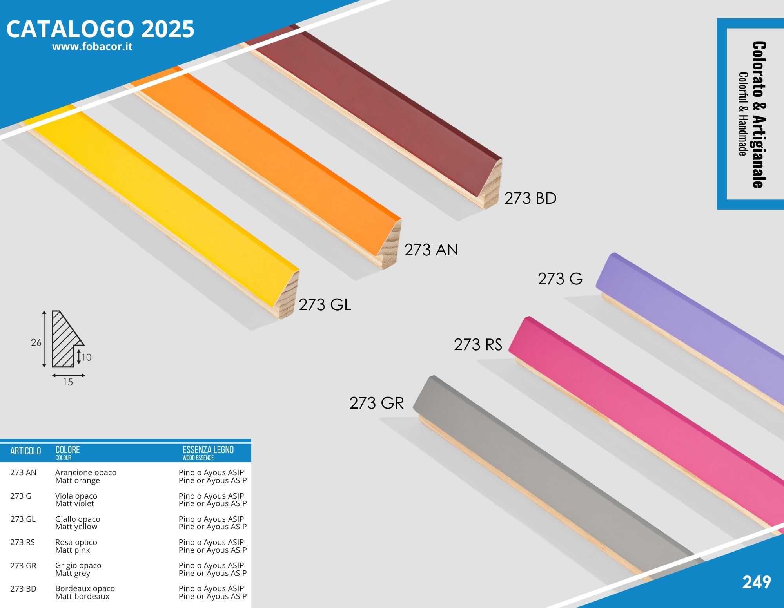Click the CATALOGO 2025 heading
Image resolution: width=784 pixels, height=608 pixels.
coord(100,29)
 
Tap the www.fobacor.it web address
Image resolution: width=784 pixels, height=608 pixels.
coord(92,47)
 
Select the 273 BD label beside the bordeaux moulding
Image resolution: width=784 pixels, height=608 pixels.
coord(530,198)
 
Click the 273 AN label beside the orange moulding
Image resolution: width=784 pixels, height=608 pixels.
coord(431,250)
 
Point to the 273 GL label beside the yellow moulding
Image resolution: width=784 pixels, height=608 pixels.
coord(325,305)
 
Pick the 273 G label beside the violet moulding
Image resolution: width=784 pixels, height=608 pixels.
coord(560,279)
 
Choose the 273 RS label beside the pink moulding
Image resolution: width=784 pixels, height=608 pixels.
coord(478,345)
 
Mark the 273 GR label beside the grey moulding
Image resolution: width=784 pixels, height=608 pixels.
coord(376,403)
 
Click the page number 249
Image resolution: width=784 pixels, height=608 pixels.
coord(757,583)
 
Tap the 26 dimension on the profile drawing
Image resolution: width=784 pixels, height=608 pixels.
coord(36,343)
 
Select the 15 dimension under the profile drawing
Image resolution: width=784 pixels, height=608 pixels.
coord(68,382)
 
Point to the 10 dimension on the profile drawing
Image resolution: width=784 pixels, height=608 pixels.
coord(87,357)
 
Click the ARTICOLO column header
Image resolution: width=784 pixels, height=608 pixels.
coord(25,451)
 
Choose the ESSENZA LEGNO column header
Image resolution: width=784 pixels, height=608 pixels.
coord(208,450)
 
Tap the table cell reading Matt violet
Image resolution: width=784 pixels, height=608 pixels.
coord(74,504)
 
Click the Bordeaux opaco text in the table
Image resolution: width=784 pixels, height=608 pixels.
coord(85,588)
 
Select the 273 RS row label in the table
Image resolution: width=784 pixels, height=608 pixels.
coord(23,542)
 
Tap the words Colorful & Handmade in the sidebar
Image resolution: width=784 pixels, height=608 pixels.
coord(742,114)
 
